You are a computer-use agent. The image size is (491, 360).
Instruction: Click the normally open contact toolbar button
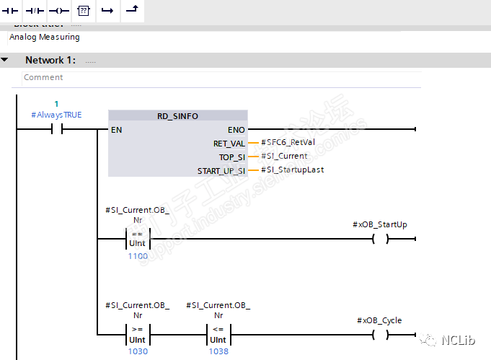[11, 12]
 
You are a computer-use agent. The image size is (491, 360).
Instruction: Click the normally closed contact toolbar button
[35, 12]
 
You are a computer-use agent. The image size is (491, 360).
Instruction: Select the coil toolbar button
[58, 12]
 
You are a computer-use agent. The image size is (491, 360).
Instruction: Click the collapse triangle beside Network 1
[6, 60]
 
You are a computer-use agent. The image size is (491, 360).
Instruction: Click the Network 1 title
[50, 60]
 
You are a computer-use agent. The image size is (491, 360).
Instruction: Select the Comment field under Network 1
[43, 77]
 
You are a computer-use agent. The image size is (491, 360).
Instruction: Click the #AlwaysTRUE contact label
[56, 115]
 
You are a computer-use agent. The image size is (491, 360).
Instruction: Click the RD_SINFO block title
[177, 116]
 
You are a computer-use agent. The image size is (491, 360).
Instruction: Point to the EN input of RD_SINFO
[116, 130]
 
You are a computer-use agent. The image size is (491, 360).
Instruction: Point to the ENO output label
[236, 130]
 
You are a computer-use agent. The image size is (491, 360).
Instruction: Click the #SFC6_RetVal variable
[288, 143]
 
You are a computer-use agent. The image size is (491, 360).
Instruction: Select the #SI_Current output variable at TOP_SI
[284, 156]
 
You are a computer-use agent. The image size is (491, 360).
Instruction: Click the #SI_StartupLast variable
[293, 170]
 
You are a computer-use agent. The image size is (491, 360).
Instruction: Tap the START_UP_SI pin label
[221, 171]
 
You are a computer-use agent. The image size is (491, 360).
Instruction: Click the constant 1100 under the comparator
[138, 256]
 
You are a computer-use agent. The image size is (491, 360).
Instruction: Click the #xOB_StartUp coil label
[380, 224]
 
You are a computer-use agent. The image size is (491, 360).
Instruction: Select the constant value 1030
[138, 351]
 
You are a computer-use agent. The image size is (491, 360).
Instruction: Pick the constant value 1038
[218, 351]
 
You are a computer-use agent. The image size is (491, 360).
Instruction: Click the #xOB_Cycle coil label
[379, 320]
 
